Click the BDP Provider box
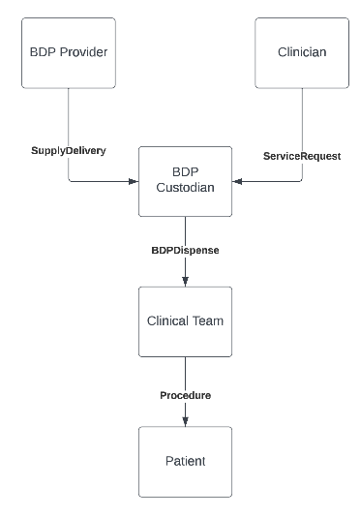tap(69, 54)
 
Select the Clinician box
tap(301, 54)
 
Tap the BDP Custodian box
tap(185, 180)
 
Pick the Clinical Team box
tap(185, 320)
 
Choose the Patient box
tap(185, 461)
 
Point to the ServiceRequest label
tap(302, 155)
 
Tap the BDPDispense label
tap(185, 250)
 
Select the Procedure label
tap(185, 395)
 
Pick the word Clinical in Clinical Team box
tap(170, 320)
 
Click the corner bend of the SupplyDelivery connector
tap(69, 180)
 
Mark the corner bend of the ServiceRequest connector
tap(301, 180)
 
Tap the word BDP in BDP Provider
tap(45, 54)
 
